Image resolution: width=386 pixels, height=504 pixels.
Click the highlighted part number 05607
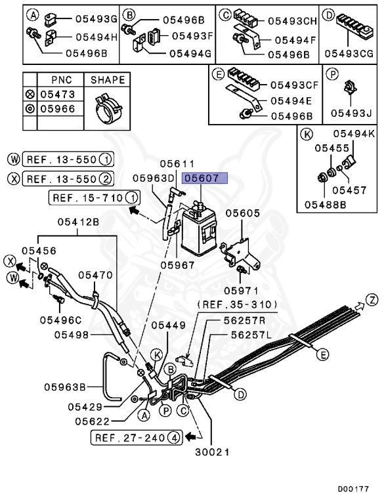[205, 178]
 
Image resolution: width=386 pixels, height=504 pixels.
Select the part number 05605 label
[243, 213]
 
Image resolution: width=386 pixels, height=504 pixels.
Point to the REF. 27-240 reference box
[135, 436]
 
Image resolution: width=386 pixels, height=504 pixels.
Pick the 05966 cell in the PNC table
[58, 108]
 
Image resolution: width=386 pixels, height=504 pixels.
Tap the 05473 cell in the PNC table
[58, 94]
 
